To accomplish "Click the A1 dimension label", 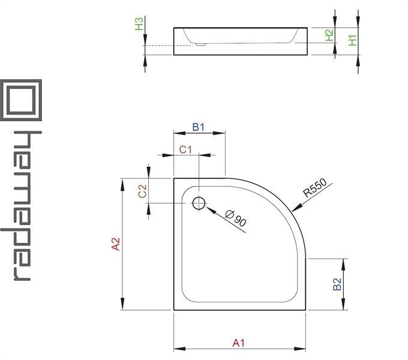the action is point(239,343).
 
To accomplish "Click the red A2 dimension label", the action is point(116,244).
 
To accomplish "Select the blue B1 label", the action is point(198,127).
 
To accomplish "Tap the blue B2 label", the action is point(337,284).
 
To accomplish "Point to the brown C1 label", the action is point(185,149).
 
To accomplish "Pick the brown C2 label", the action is point(142,191).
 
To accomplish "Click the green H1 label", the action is point(353,40).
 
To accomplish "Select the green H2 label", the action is point(329,35).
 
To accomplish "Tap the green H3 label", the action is point(139,23).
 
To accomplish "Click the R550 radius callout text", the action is point(315,188).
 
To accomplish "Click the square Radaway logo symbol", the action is point(21,100).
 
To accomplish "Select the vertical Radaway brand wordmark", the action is point(21,205).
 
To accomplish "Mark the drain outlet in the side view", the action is point(200,44).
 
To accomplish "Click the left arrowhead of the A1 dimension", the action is point(179,349).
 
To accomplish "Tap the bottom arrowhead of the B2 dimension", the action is point(343,304).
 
